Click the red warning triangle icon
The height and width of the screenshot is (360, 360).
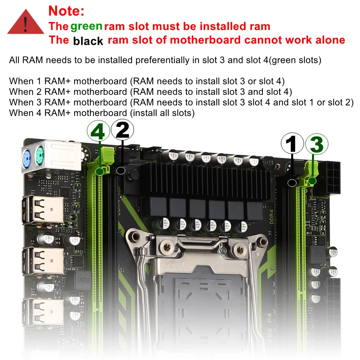point(26,22)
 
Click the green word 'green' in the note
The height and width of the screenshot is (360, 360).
point(86,26)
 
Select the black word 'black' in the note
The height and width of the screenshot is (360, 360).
point(88,41)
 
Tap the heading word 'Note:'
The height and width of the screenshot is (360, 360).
point(66,10)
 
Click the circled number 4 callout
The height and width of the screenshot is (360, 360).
point(98,131)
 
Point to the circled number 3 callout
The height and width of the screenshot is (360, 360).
point(316,144)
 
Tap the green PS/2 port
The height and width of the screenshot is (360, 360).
point(40,153)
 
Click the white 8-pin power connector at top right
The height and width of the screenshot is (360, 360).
point(331,176)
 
